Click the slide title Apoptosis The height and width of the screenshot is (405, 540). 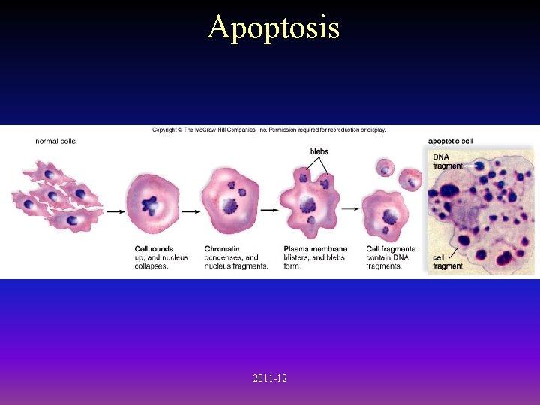pyautogui.click(x=274, y=28)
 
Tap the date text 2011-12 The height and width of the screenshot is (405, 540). pyautogui.click(x=270, y=379)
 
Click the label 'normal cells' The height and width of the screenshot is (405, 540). pyautogui.click(x=55, y=141)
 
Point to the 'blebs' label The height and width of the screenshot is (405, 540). pyautogui.click(x=319, y=151)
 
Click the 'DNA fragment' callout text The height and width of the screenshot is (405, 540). pyautogui.click(x=448, y=161)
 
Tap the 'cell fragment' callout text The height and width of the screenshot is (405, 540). pyautogui.click(x=448, y=262)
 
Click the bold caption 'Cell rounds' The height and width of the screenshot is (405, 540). pyautogui.click(x=154, y=249)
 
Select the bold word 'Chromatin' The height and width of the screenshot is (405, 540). pyautogui.click(x=223, y=249)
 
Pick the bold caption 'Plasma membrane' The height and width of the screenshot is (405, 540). pyautogui.click(x=316, y=249)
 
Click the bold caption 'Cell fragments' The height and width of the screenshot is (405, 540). pyautogui.click(x=391, y=249)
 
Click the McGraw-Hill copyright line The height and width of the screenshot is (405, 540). pyautogui.click(x=269, y=130)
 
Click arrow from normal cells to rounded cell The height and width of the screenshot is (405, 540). pyautogui.click(x=115, y=211)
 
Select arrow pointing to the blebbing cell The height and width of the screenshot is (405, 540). pyautogui.click(x=270, y=211)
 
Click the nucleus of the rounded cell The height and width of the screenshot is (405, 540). pyautogui.click(x=153, y=203)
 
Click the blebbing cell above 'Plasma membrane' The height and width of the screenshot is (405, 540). pyautogui.click(x=309, y=202)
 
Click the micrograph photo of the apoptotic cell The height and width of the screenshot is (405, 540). pyautogui.click(x=480, y=217)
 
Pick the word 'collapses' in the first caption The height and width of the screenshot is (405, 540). pyautogui.click(x=151, y=266)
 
